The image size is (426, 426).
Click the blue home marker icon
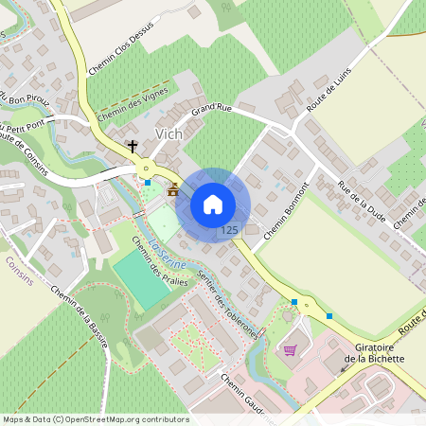point(213,204)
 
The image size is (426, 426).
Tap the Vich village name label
point(169,134)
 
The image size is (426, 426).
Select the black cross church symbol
point(133,147)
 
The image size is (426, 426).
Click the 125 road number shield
point(228,230)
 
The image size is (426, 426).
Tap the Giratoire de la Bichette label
point(374,353)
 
